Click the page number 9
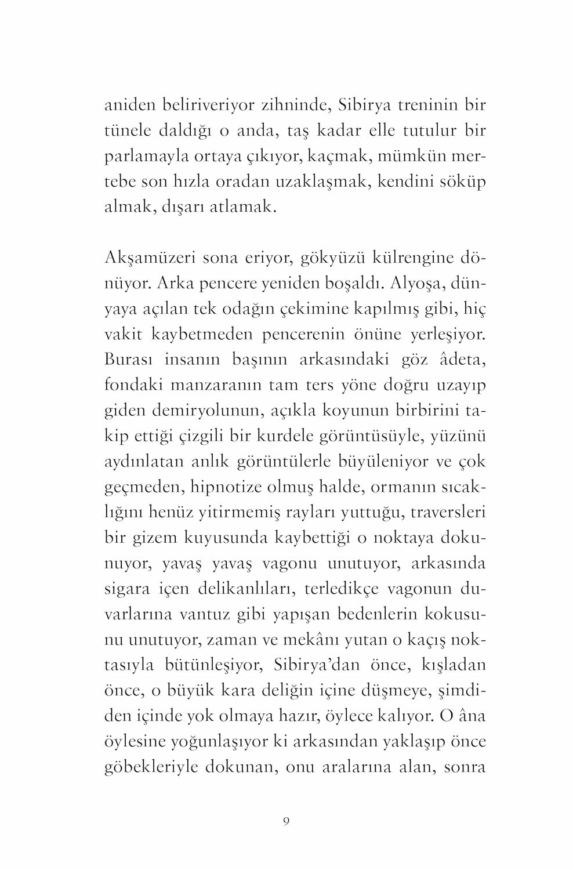tap(286, 821)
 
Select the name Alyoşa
tap(415, 283)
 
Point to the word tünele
tap(126, 130)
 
